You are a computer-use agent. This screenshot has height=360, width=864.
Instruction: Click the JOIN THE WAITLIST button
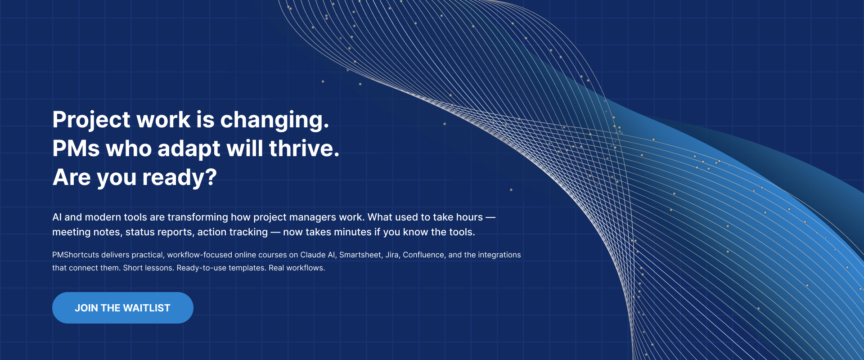(x=123, y=308)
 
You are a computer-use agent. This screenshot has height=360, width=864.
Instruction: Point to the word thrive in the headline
(x=304, y=148)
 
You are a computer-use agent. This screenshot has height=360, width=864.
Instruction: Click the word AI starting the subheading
(x=57, y=217)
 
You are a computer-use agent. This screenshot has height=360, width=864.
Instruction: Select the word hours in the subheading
(x=469, y=217)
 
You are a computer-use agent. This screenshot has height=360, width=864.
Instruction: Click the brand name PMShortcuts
(x=76, y=255)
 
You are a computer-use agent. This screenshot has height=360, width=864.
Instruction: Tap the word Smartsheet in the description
(x=360, y=255)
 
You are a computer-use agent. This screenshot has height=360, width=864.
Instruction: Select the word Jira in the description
(x=392, y=255)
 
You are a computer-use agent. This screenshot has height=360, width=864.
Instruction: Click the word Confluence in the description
(x=423, y=255)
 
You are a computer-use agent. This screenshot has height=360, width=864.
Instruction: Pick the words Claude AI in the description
(x=318, y=255)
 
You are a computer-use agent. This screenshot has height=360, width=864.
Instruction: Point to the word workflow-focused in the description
(x=200, y=255)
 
